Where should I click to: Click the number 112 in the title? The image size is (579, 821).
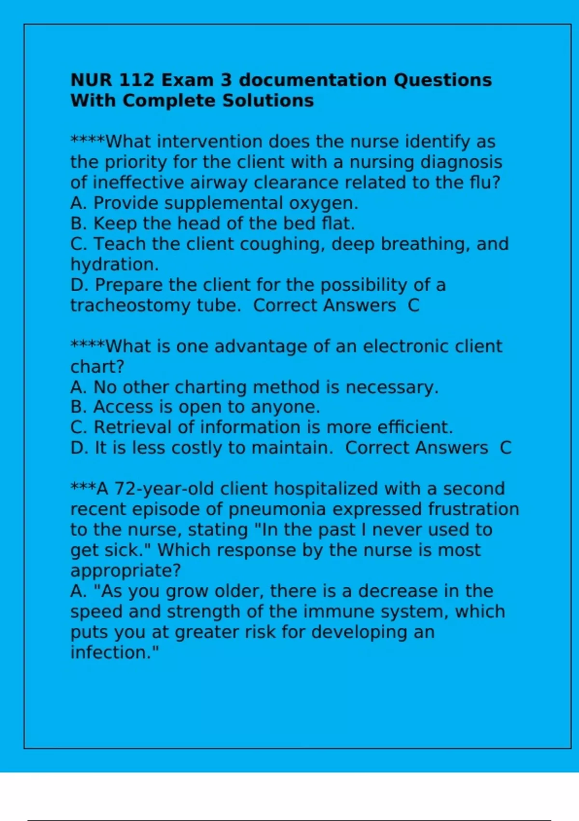(136, 80)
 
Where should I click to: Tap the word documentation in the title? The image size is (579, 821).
(313, 80)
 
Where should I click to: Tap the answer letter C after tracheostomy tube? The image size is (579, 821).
(414, 306)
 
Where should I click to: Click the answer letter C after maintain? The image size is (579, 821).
(505, 448)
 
